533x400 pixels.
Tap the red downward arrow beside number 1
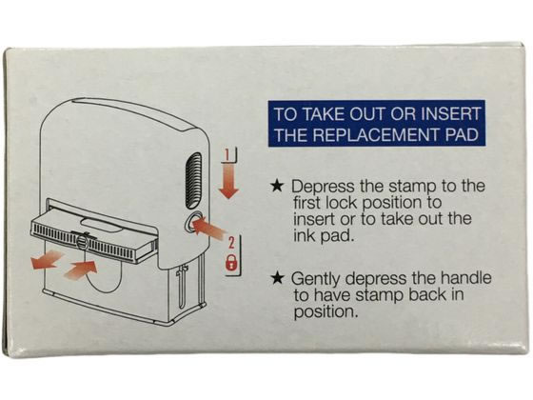(228, 181)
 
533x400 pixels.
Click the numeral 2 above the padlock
(231, 243)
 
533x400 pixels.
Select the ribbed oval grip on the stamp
(194, 181)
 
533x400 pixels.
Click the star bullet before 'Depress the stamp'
(278, 186)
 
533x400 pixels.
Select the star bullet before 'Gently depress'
(278, 278)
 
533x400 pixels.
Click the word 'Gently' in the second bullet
(316, 280)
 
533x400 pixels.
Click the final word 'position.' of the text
(326, 312)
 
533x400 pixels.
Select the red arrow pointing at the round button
(209, 228)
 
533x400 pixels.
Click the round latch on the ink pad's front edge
(83, 242)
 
